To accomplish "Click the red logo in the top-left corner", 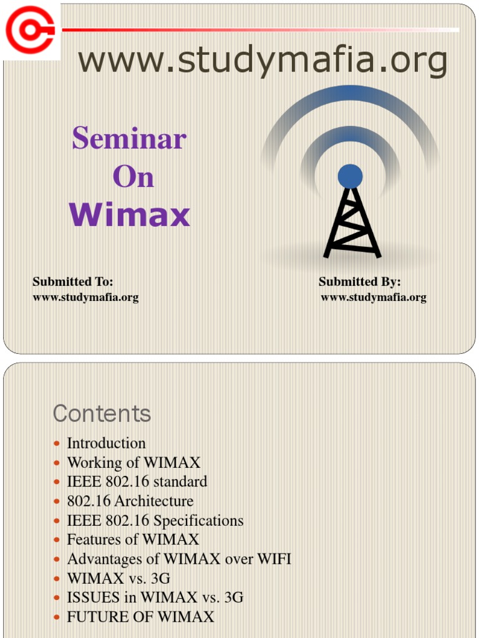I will pos(31,29).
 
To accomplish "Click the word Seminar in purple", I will pos(129,138).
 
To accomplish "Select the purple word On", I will pos(133,177).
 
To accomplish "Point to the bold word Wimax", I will pos(130,216).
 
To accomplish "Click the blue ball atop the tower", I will pos(350,176).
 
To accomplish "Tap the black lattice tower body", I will pos(352,224).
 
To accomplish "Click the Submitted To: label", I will pos(73,282).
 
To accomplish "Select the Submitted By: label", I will pos(360,282).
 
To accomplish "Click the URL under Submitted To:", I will pos(85,297).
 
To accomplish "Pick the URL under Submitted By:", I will pos(374,297).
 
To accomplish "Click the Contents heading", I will pos(102,413).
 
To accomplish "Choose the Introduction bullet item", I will pos(106,443).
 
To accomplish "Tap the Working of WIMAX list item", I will pos(133,462).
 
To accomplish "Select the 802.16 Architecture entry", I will pos(130,501).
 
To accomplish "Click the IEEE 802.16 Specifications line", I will pos(155,520).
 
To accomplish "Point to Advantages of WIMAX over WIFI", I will pos(179,559).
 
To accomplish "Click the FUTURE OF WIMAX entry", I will pos(140,617).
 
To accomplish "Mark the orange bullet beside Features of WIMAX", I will pos(57,540).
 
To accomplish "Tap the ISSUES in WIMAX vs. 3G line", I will pos(155,598).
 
